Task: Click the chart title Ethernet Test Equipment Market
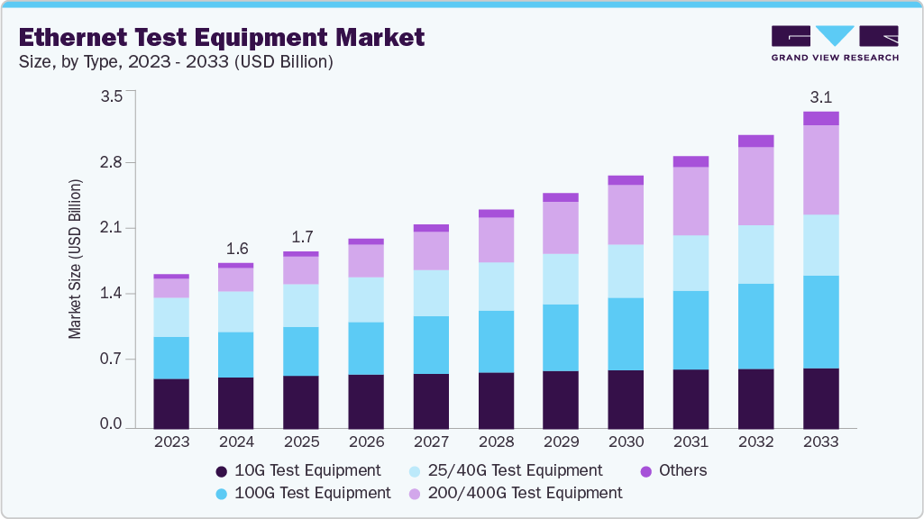[221, 38]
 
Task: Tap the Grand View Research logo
[834, 43]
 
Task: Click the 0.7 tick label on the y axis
[111, 360]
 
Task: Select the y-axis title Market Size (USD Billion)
[75, 259]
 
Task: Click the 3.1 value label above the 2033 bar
[820, 97]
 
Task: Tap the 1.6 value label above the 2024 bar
[236, 249]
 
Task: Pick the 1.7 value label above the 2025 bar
[301, 237]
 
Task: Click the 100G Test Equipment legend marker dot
[221, 494]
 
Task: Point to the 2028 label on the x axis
[496, 442]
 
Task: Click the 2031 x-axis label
[691, 442]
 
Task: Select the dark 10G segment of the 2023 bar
[171, 404]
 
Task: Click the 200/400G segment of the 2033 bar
[820, 169]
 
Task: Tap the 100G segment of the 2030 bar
[626, 333]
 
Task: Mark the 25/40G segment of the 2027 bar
[431, 293]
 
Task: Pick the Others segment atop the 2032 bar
[755, 141]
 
